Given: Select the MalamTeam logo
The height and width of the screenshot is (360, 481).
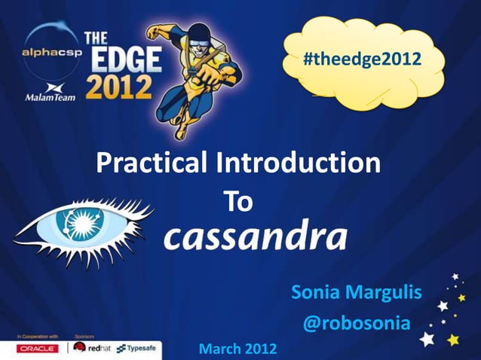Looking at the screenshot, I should pos(50,93).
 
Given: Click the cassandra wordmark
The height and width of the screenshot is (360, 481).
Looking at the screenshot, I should pos(256,236).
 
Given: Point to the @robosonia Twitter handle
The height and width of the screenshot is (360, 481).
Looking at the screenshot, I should pos(356,323).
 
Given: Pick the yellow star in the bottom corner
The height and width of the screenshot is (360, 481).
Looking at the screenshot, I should pos(453,340).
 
